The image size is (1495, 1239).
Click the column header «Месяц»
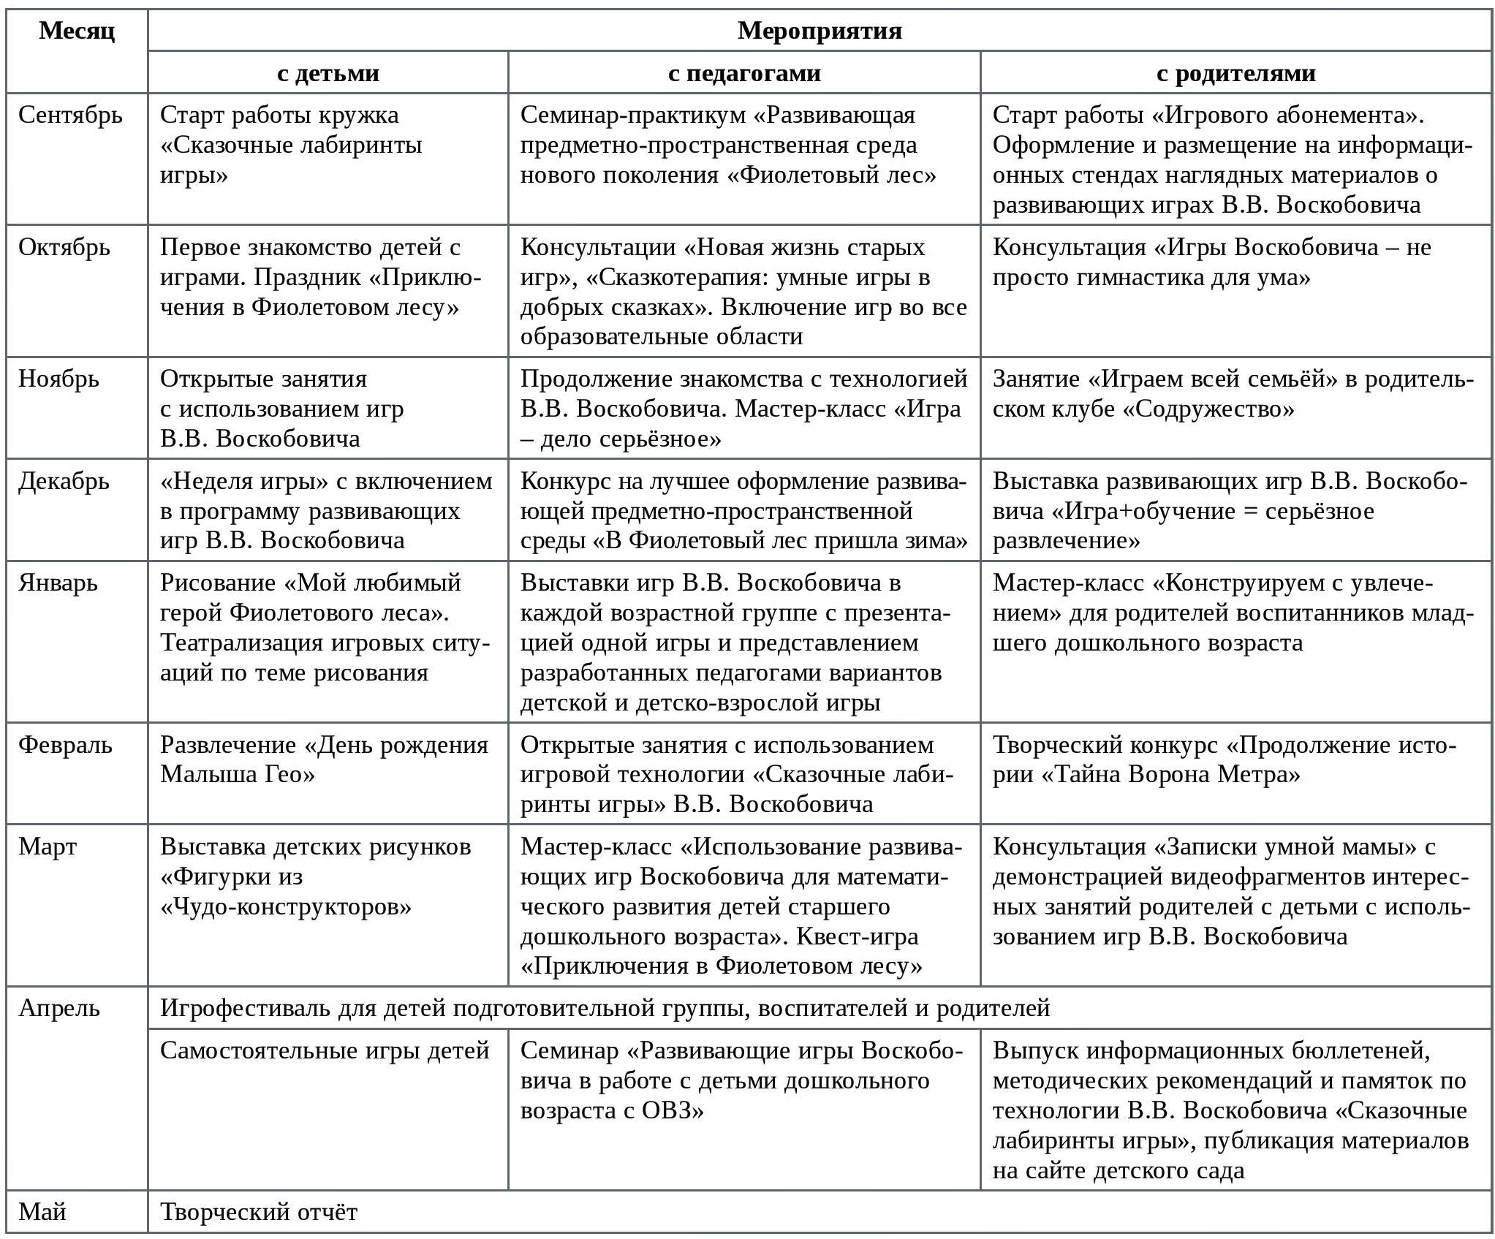click(x=77, y=31)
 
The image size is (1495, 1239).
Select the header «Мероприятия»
click(x=819, y=31)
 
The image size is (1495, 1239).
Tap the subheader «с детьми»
click(x=328, y=73)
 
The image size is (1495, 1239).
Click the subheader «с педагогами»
click(x=743, y=73)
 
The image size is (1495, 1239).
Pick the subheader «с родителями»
click(x=1235, y=73)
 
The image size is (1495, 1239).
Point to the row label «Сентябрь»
click(x=70, y=115)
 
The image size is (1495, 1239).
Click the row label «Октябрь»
click(x=64, y=248)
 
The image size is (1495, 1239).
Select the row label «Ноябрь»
click(x=58, y=379)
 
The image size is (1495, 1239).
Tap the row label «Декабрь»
click(x=64, y=482)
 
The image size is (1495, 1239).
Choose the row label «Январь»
click(x=58, y=583)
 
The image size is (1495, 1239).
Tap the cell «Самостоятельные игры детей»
click(x=325, y=1051)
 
